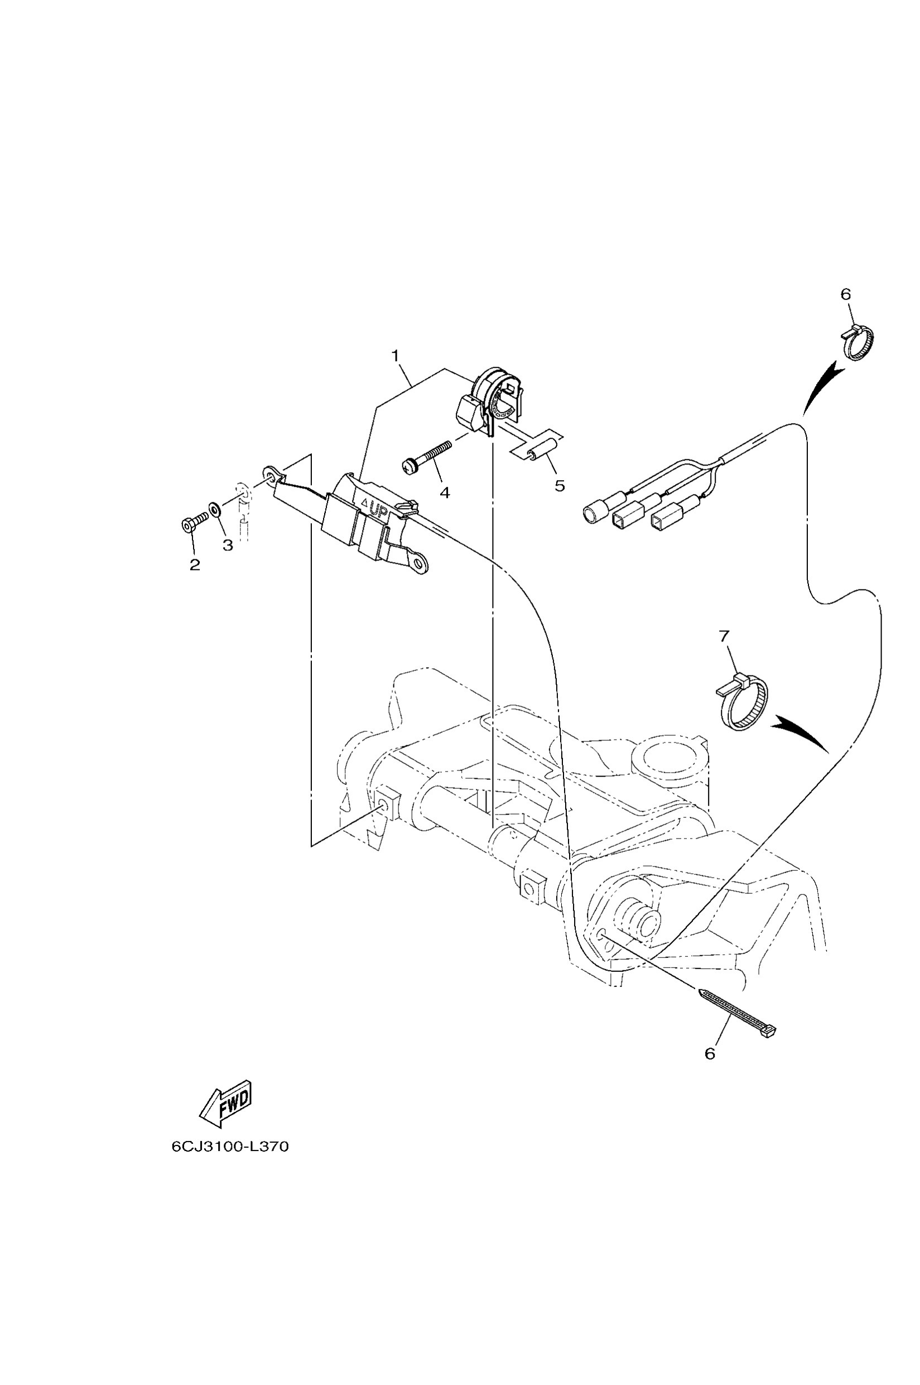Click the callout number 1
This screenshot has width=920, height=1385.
click(x=396, y=355)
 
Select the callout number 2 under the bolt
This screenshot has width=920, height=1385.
click(x=194, y=565)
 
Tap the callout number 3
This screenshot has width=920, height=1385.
click(x=228, y=545)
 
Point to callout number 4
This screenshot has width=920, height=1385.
click(x=445, y=493)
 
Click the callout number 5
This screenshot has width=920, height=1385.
click(x=560, y=486)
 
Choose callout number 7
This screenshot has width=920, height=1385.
click(x=724, y=635)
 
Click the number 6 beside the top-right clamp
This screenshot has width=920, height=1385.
click(x=845, y=295)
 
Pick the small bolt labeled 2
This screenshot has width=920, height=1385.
click(x=193, y=522)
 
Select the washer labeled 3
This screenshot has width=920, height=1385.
click(x=215, y=508)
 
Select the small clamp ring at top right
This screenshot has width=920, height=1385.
click(x=859, y=343)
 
